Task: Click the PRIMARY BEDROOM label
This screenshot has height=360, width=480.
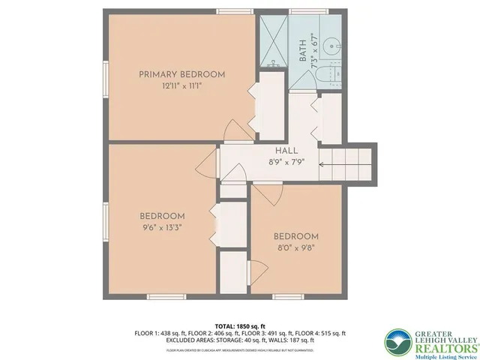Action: tap(182, 74)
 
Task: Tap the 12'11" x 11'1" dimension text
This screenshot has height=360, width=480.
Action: tap(182, 86)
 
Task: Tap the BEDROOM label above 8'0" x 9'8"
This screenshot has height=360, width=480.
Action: tap(295, 236)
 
